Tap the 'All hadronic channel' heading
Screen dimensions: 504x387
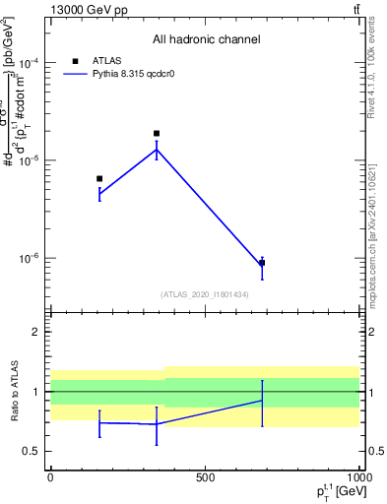206,40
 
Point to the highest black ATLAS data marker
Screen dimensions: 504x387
157,133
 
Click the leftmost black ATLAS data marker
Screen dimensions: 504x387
99,178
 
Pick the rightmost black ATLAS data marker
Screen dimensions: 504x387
262,263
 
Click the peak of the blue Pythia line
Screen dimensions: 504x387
157,149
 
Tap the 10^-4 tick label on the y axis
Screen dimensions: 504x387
29,62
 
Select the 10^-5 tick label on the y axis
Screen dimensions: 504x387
29,159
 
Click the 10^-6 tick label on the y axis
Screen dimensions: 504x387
29,258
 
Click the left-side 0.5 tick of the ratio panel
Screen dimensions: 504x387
32,451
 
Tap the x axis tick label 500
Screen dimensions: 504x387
205,477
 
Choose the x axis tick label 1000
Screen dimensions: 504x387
358,477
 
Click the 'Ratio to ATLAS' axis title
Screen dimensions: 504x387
12,392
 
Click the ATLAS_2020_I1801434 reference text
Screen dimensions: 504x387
205,294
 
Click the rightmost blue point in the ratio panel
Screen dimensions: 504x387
262,401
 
